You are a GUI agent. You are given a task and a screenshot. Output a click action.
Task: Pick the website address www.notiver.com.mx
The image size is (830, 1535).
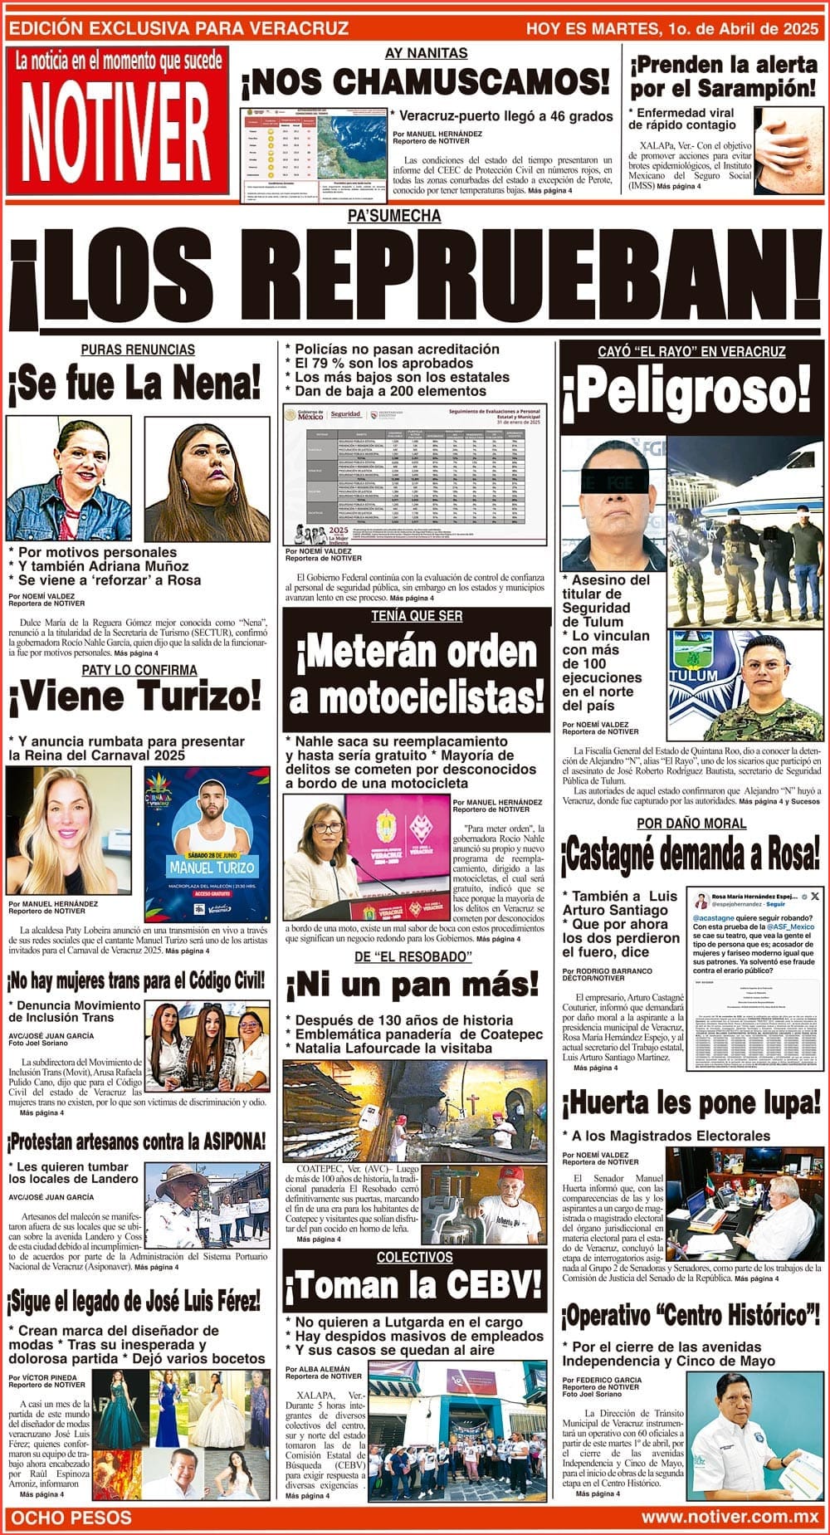click(x=730, y=1518)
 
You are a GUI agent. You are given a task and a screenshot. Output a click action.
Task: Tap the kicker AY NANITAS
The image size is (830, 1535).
click(x=426, y=53)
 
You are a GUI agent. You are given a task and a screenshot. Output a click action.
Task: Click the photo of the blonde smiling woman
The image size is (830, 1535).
click(x=68, y=830)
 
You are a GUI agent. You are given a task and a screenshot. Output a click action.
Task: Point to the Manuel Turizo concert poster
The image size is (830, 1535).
click(x=207, y=830)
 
